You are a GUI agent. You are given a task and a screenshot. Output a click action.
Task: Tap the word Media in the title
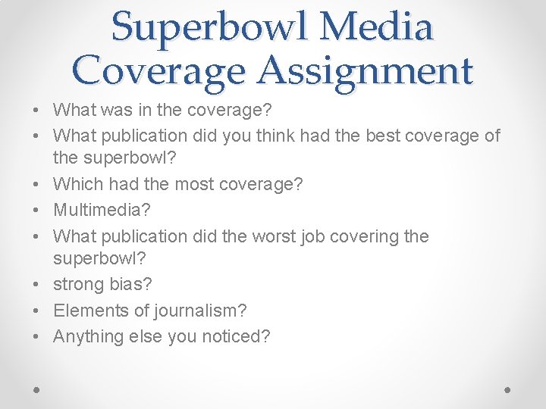(x=377, y=27)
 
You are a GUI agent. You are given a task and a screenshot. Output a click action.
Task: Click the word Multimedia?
(x=103, y=210)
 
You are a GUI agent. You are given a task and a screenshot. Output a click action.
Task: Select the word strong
(x=77, y=284)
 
